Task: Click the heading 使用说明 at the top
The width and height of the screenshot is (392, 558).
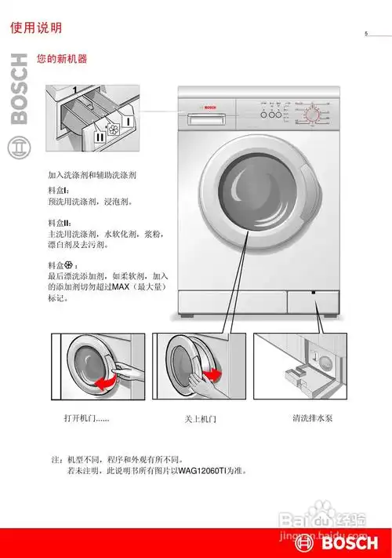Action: tap(35, 28)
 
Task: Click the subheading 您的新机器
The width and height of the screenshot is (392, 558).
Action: tap(61, 60)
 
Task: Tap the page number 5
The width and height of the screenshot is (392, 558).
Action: tap(365, 33)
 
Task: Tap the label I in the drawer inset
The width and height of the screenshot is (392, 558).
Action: tap(127, 121)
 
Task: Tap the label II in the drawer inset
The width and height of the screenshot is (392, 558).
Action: tap(100, 137)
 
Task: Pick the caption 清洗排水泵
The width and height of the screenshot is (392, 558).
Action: tap(312, 418)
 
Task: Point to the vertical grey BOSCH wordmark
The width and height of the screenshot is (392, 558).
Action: tap(19, 91)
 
